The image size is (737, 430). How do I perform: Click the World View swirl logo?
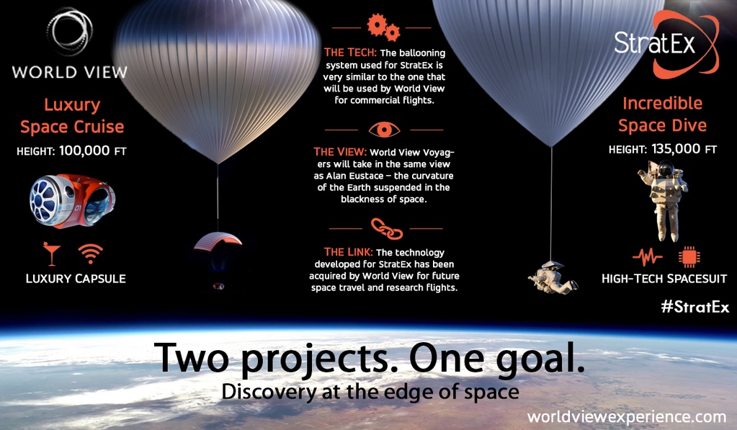[70, 32]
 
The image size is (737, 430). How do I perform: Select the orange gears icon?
[383, 27]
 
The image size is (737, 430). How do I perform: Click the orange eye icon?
[384, 130]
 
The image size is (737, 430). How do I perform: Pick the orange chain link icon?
[387, 228]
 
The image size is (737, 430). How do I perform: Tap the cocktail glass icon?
[51, 254]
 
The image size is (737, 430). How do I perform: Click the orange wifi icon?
[90, 254]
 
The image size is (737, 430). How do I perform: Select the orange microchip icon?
[689, 256]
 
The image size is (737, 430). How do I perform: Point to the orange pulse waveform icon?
[647, 257]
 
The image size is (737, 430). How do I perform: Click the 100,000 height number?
[84, 151]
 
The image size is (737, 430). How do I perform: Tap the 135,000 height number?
[676, 149]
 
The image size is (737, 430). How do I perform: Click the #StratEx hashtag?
[695, 307]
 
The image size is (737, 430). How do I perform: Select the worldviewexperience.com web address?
[627, 417]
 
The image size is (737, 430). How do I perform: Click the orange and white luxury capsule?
[72, 201]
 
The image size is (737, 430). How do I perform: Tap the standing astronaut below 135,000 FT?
[664, 200]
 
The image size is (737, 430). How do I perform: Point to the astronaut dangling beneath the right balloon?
[553, 278]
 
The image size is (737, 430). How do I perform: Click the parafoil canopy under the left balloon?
[218, 241]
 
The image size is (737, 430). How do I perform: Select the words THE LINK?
[348, 252]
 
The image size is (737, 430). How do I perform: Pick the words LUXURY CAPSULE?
[76, 279]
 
